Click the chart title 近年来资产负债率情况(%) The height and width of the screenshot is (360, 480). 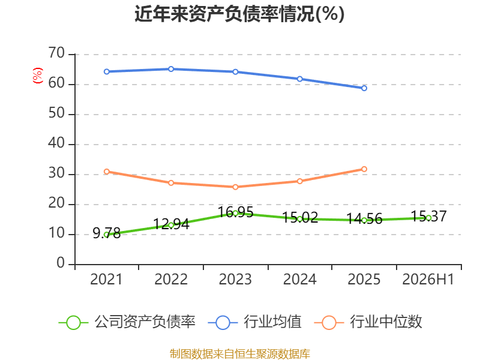[239, 14]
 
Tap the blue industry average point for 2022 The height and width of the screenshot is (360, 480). [171, 69]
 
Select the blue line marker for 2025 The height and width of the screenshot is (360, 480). [364, 88]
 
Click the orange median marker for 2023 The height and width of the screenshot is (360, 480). [235, 187]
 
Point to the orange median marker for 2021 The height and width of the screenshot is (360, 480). [107, 172]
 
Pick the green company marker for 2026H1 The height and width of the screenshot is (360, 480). [428, 218]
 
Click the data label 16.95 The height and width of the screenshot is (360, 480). [235, 212]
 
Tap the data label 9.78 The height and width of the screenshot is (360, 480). [107, 233]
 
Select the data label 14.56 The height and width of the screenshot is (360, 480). [364, 219]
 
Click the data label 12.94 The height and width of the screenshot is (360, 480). [171, 224]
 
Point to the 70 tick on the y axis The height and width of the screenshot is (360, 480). [56, 53]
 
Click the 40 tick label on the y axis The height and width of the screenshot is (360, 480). [56, 143]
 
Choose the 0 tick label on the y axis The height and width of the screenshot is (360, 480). [61, 263]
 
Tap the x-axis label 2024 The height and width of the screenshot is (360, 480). [299, 279]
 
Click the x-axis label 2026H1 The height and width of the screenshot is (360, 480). [428, 279]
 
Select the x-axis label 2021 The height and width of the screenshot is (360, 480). [106, 279]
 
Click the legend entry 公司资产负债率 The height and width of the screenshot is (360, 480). [127, 322]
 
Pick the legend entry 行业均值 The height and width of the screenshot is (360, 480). [254, 322]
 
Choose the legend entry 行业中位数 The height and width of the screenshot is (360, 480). [368, 322]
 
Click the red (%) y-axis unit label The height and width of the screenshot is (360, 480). [38, 76]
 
